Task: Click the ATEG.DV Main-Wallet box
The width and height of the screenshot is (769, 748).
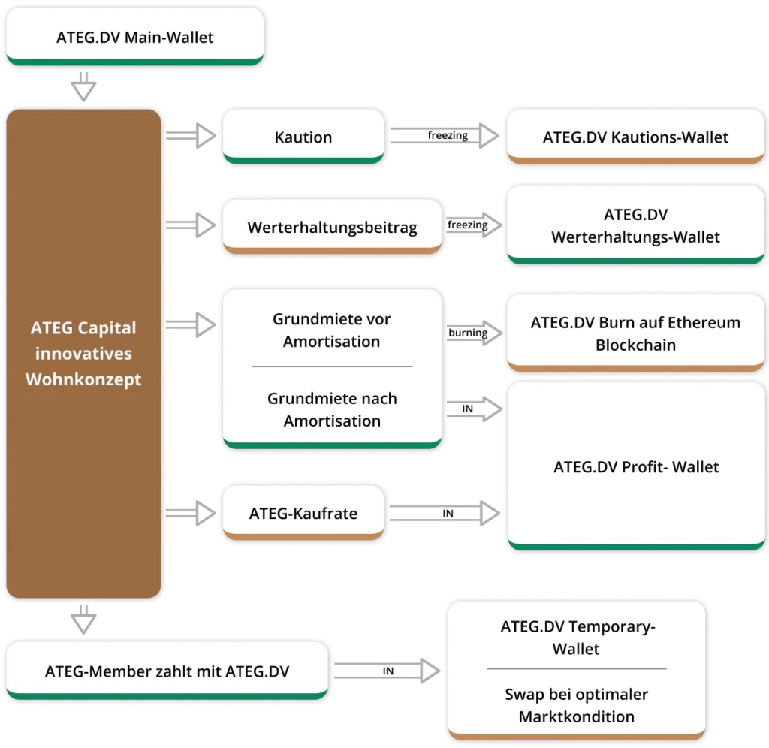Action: pos(134,37)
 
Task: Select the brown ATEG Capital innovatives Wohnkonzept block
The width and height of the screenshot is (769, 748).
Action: pos(83,353)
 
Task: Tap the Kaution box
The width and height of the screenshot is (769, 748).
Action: pos(303,137)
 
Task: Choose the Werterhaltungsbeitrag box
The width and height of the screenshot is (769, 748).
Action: pos(332,227)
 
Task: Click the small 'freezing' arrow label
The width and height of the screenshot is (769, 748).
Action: pos(467,225)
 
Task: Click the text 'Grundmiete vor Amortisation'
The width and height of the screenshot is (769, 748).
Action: pos(331,330)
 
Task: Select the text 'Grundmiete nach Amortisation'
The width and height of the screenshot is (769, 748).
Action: pos(331,409)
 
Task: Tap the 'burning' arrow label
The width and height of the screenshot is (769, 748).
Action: pos(467,333)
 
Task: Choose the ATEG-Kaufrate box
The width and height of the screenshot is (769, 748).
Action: pos(303,514)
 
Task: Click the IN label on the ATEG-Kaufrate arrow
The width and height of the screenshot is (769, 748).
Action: pos(448,514)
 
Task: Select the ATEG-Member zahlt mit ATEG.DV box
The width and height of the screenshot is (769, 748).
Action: pos(167,671)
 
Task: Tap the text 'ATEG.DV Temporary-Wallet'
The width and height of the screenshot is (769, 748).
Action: pos(577,638)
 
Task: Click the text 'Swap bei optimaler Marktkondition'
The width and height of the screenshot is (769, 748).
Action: pos(577,705)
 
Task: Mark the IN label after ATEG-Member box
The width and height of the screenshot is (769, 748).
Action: pos(388,671)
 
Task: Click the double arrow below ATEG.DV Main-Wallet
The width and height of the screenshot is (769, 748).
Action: pos(83,87)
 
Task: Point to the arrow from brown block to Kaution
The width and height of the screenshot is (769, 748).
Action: pos(191,136)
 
